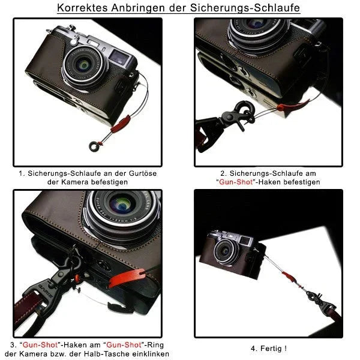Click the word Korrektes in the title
82,8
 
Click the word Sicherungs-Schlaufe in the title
245,8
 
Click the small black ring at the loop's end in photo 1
94,146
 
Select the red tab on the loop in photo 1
121,124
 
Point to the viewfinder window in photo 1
118,58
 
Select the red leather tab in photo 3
127,278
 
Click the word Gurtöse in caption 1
143,173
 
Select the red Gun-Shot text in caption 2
236,182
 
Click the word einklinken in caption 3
152,353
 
